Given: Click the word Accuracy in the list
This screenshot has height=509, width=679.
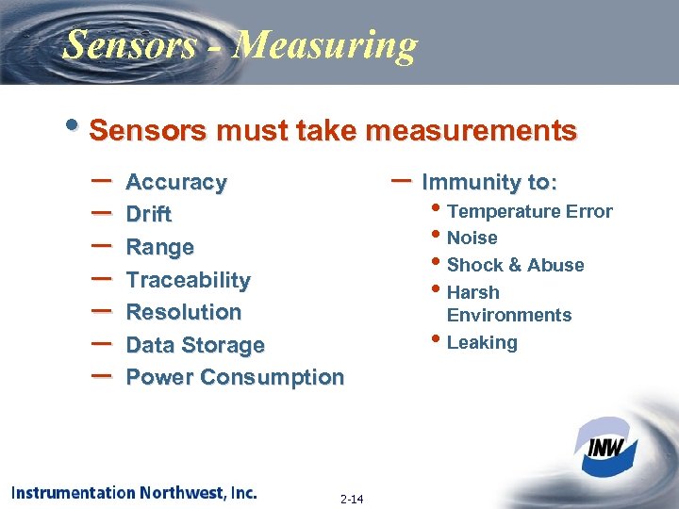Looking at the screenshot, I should tap(176, 182).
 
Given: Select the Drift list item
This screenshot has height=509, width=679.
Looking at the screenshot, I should tap(149, 215).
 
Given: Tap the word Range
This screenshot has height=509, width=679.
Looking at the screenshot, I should tap(160, 248).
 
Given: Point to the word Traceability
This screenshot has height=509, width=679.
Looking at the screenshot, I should tap(189, 280).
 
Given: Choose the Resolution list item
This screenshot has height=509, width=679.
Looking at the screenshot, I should tap(184, 312).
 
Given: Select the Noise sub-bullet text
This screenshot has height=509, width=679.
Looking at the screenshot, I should tap(472, 238).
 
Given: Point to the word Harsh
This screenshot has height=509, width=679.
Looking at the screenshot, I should tap(473, 293).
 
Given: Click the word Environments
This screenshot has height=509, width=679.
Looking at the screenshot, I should tap(509, 315).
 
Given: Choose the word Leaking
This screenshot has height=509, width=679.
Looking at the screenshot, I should tap(482, 342).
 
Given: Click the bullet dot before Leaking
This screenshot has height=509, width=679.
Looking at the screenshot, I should tap(436, 338).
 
